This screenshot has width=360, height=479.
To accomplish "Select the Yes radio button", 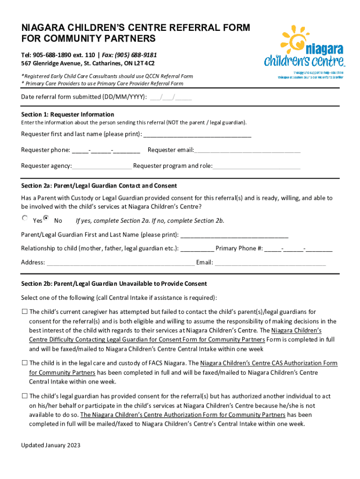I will tap(25, 218).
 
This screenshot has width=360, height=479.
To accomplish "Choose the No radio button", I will tap(46, 218).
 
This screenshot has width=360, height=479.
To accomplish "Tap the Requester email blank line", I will tap(247, 150).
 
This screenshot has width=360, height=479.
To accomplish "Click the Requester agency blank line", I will tap(102, 166).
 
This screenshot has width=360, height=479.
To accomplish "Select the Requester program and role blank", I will tap(257, 166).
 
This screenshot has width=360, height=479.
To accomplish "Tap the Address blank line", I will tap(120, 262).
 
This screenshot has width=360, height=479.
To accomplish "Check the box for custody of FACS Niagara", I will tap(24, 363).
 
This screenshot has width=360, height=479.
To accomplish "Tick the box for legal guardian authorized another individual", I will tap(24, 396).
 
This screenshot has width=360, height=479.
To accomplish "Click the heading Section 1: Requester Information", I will tap(68, 115).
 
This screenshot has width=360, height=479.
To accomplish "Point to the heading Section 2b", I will tap(114, 284).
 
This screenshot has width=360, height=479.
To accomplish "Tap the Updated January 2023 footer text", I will tap(50, 445).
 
